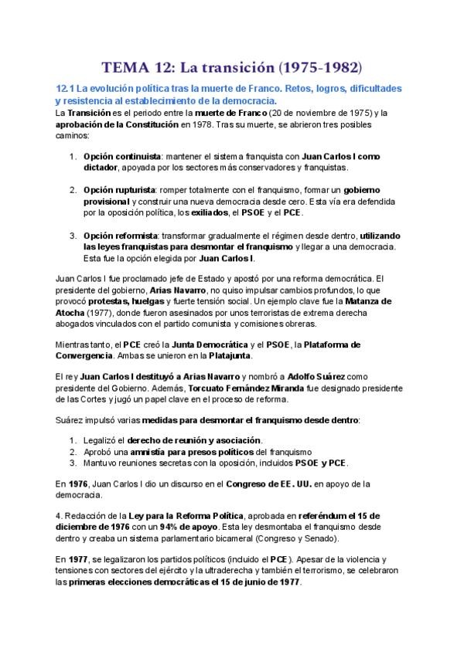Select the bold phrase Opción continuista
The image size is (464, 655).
(122, 155)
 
